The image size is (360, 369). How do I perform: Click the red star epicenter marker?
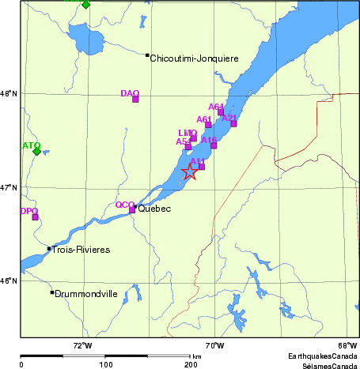tap(190, 171)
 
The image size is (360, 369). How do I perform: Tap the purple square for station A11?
tap(202, 166)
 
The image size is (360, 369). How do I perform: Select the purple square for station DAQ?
tap(135, 99)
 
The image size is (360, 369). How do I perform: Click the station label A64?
tap(216, 107)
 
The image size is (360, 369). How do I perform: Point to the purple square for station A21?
tap(233, 122)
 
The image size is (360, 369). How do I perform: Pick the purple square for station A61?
tap(209, 125)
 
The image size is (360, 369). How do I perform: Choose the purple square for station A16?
tap(214, 145)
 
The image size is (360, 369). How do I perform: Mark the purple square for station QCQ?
tap(132, 209)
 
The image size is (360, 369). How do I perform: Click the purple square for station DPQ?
tap(35, 217)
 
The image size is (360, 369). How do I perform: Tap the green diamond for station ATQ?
tap(36, 152)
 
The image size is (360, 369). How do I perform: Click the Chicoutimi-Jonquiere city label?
tap(194, 58)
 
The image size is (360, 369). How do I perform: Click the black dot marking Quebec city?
tap(135, 207)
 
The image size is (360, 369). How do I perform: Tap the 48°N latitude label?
tap(9, 94)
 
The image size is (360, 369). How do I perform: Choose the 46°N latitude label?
tap(9, 281)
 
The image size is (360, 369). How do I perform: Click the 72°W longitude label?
tap(82, 345)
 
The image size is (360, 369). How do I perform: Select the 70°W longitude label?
tap(214, 345)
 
